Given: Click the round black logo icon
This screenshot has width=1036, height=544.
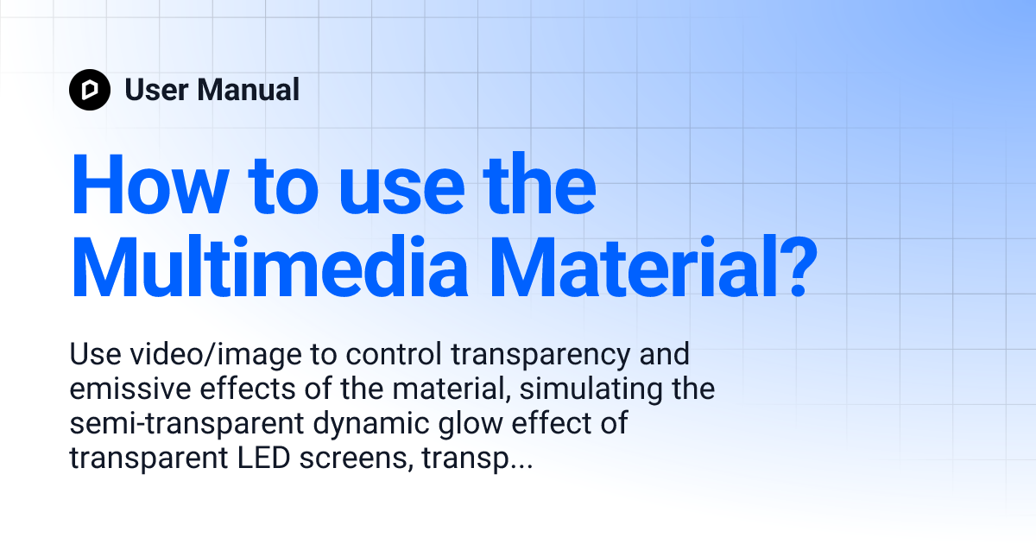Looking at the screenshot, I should pyautogui.click(x=90, y=90).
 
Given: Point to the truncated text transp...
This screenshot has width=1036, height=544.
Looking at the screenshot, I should pyautogui.click(x=471, y=459).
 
